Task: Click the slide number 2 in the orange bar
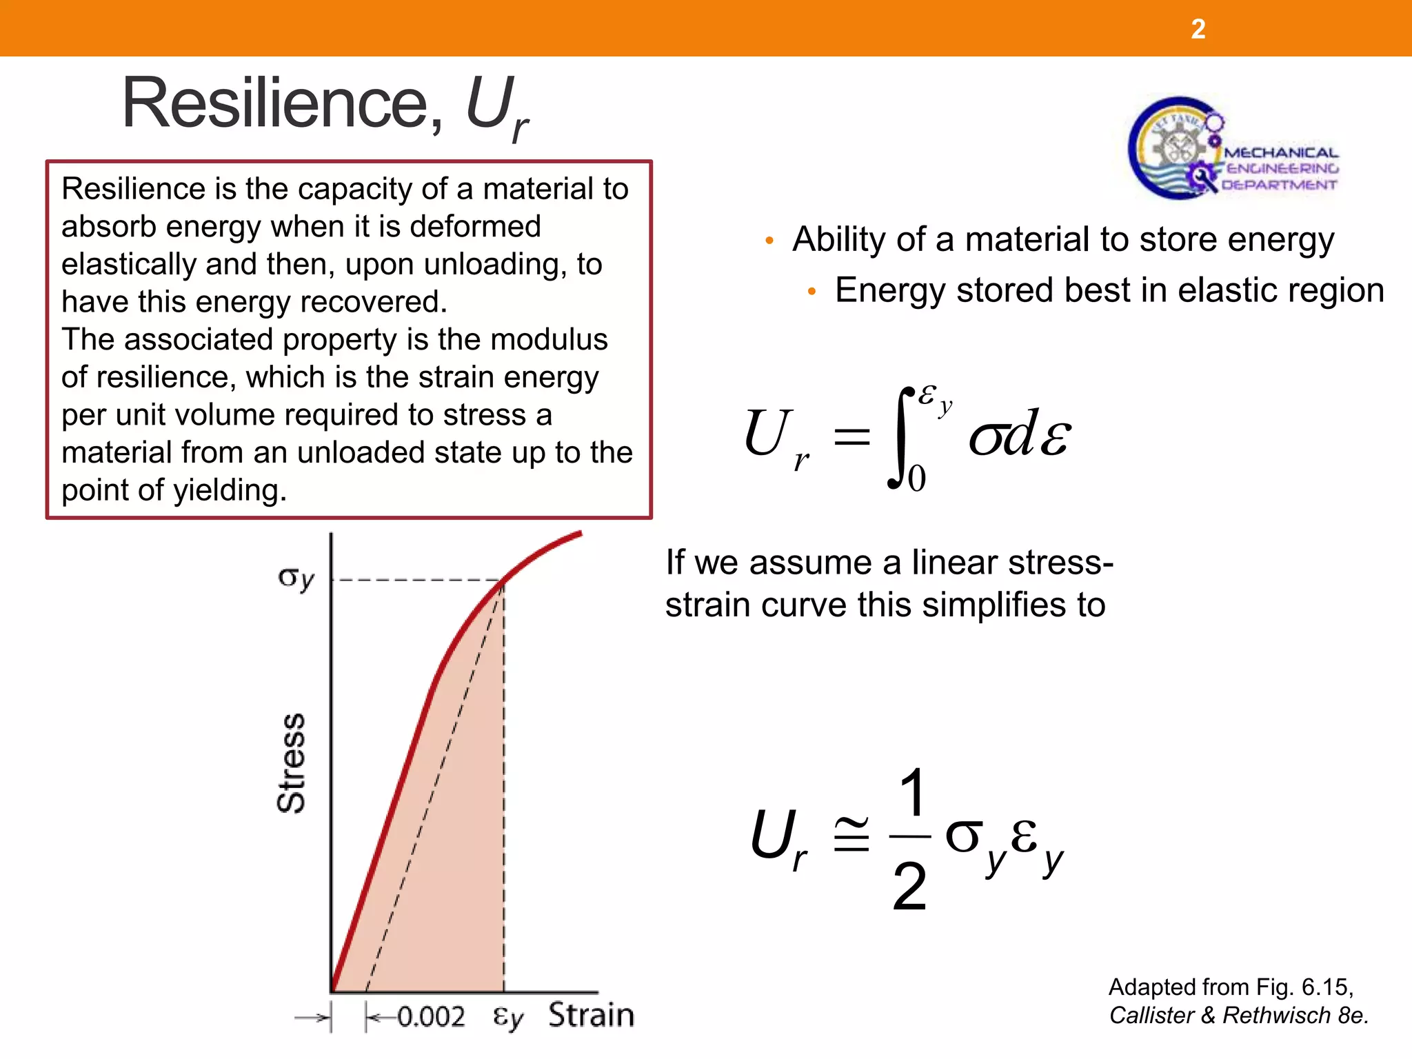pos(1198,29)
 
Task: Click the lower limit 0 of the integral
pos(916,478)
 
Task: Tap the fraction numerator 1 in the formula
pos(911,792)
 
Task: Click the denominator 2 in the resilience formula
pos(909,887)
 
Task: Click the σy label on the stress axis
pos(296,578)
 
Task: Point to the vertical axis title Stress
pos(291,763)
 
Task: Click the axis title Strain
pos(591,1016)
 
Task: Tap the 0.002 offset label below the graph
pos(431,1017)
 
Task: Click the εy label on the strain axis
pos(508,1017)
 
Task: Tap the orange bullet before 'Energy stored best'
pos(812,292)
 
